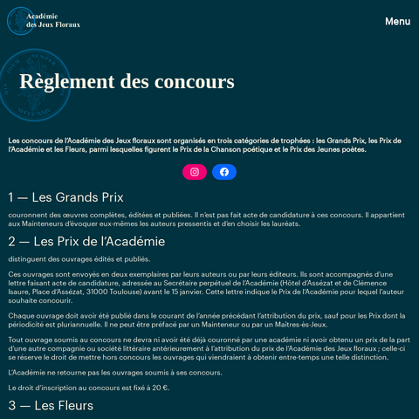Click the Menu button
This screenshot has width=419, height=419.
[x=397, y=21]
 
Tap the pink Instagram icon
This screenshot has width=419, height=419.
[x=195, y=172]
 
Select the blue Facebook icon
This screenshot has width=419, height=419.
[x=224, y=172]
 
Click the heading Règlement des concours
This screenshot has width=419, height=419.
[x=127, y=82]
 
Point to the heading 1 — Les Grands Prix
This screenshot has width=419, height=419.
[x=66, y=197]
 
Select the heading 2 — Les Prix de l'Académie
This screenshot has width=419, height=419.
[x=86, y=241]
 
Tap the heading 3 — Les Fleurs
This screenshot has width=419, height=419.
[x=51, y=405]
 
